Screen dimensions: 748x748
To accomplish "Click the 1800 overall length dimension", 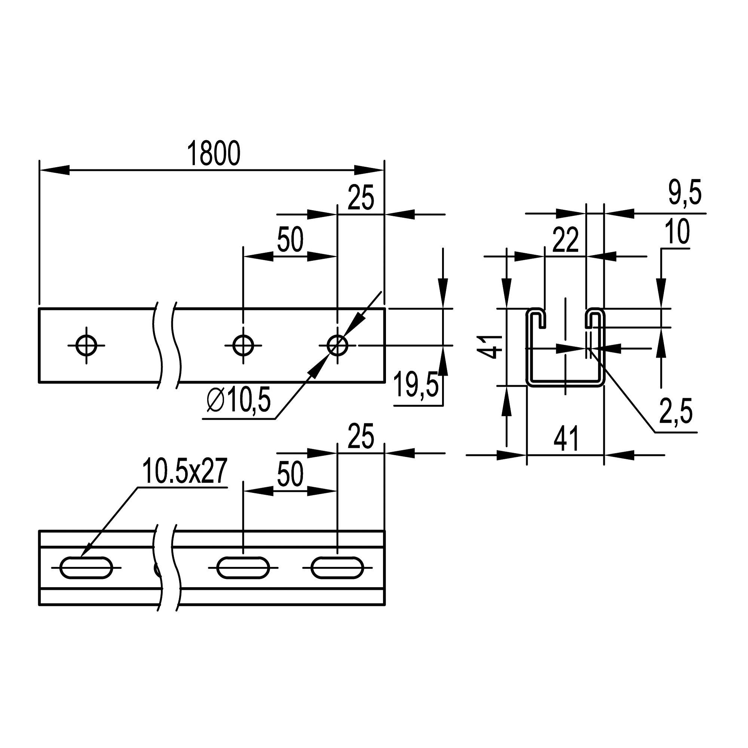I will [x=214, y=154].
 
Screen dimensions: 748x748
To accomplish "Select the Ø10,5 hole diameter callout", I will [x=239, y=401].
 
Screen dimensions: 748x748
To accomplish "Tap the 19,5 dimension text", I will [x=416, y=385].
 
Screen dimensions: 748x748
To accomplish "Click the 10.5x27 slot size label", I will [x=184, y=471].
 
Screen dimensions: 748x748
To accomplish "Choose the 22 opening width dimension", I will [x=565, y=240].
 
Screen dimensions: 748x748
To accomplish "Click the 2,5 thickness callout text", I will [x=675, y=412].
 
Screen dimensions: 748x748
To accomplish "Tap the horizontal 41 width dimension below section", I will [x=566, y=439].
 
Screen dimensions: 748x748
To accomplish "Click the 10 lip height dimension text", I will [x=677, y=232].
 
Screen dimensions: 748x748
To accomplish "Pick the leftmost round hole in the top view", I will [x=86, y=345].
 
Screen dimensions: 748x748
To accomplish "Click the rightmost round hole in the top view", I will [x=337, y=345].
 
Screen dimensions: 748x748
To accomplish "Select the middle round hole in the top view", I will [x=243, y=345].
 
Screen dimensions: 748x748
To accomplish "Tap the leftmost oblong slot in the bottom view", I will [x=86, y=568].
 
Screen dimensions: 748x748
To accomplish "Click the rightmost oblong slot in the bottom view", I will [x=337, y=568].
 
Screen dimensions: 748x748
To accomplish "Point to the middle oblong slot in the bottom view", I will [x=243, y=568].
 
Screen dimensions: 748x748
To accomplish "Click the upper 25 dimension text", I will [x=361, y=198].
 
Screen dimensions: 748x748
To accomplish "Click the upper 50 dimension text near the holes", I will [x=290, y=240].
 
